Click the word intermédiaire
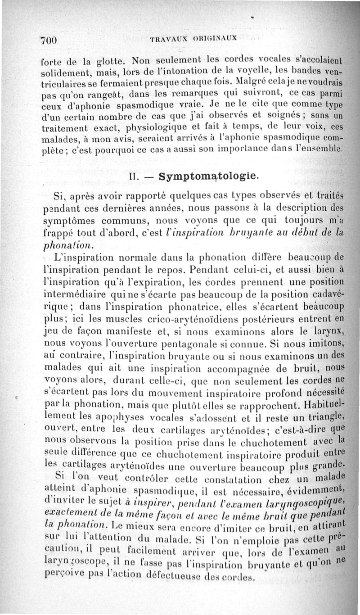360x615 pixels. click(x=75, y=293)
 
